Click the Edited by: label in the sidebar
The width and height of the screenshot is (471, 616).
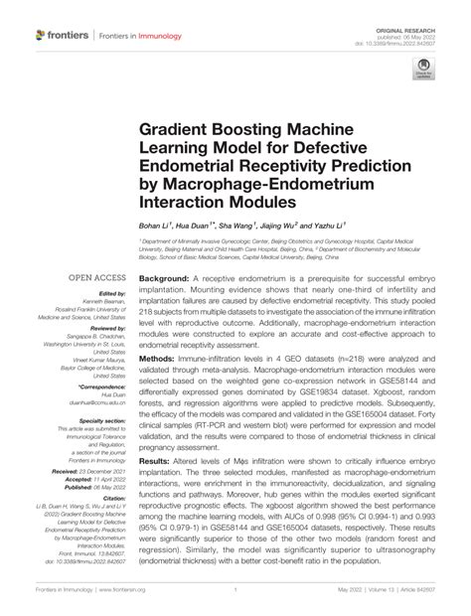(112, 294)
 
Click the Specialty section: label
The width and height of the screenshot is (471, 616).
(99, 421)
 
